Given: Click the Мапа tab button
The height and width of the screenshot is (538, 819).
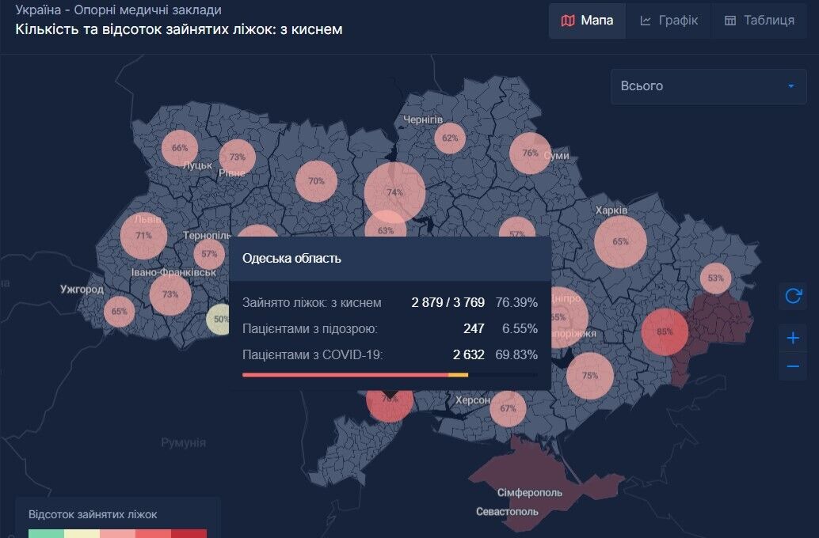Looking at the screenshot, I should click(587, 21).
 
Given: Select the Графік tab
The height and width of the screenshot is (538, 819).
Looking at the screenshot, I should click(669, 21).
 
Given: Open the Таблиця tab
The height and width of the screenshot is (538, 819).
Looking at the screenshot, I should click(759, 21).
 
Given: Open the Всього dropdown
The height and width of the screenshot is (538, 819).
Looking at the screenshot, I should click(708, 86).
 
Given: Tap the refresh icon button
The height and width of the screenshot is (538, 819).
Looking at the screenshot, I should click(793, 297).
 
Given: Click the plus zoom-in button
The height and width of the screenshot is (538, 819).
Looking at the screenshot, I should click(793, 339).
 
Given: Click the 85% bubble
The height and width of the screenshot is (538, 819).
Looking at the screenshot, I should click(664, 332).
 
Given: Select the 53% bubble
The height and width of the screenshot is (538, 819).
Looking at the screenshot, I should click(716, 278).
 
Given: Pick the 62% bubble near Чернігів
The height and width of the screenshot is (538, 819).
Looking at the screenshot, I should click(450, 138).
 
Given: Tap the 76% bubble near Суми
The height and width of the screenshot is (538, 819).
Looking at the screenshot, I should click(530, 153).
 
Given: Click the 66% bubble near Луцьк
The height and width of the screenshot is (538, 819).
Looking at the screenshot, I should click(180, 148).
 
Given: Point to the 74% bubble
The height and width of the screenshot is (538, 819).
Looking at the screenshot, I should click(394, 192).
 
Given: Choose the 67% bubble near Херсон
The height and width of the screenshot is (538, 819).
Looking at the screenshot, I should click(508, 408).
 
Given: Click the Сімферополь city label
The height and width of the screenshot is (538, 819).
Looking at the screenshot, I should click(530, 493).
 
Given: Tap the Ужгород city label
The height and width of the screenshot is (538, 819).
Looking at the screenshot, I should click(82, 290).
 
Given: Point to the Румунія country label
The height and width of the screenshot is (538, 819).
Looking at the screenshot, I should click(183, 443).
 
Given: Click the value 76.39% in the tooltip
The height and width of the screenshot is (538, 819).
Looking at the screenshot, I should click(517, 303).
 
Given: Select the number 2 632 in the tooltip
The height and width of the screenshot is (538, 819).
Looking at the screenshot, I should click(469, 354).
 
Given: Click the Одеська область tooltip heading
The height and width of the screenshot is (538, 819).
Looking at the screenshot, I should click(291, 259).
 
